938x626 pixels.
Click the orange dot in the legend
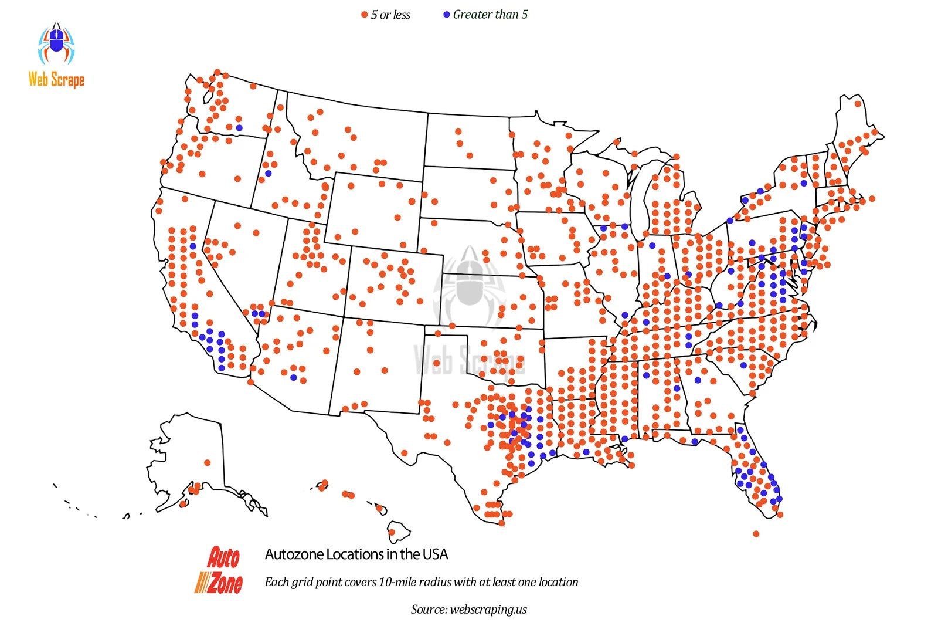coord(364,15)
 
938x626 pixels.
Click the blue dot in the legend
coord(446,15)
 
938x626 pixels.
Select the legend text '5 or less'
coord(390,15)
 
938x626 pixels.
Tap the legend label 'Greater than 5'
coord(490,15)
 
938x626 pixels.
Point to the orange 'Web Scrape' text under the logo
coord(56,79)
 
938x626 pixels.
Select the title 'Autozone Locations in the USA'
coord(356,554)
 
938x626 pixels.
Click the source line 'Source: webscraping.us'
coord(469,609)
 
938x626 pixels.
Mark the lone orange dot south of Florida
coord(756,534)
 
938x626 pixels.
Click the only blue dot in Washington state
coord(239,127)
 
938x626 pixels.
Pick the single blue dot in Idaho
coord(268,173)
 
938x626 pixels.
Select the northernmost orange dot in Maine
coord(858,104)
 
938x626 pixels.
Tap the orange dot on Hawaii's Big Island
coord(392,533)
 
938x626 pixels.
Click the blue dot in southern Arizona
coord(294,377)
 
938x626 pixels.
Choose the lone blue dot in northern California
coord(193,246)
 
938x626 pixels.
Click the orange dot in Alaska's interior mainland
coord(207,463)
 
